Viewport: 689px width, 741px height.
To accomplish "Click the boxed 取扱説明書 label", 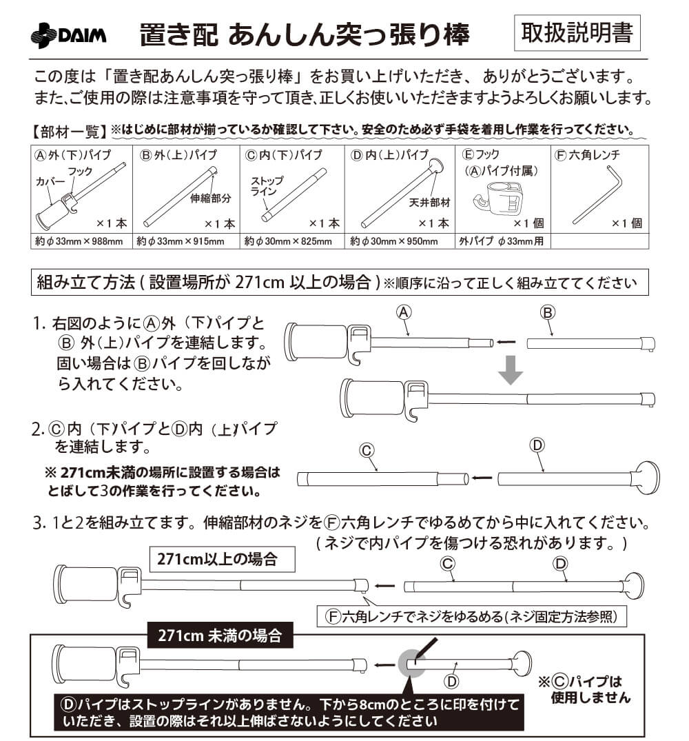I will (x=577, y=32).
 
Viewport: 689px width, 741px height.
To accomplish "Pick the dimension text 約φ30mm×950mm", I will (x=394, y=241).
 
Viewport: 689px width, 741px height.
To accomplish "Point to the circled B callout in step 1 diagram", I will (x=548, y=312).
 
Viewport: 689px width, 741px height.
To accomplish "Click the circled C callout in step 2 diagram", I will (x=367, y=450).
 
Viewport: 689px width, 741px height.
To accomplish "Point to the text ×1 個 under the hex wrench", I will (x=626, y=223).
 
